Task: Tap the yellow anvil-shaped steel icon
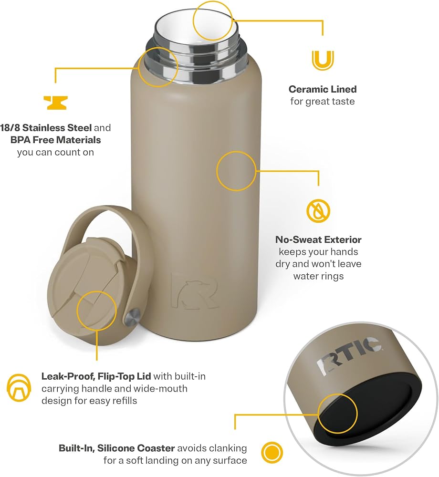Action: coord(55,103)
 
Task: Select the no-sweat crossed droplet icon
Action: coord(318,211)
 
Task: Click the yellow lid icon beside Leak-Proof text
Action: coord(19,388)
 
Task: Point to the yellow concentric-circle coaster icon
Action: coord(272,452)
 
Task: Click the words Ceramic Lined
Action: coord(323,89)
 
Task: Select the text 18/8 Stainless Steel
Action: coord(46,127)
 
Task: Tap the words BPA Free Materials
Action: coord(56,140)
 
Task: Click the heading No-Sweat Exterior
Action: coord(319,240)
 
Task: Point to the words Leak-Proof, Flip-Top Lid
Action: coord(96,377)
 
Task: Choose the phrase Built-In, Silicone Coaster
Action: coord(117,448)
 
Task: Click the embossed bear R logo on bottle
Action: coord(194,291)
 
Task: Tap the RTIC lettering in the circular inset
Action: coord(349,355)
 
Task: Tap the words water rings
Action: coord(319,276)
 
